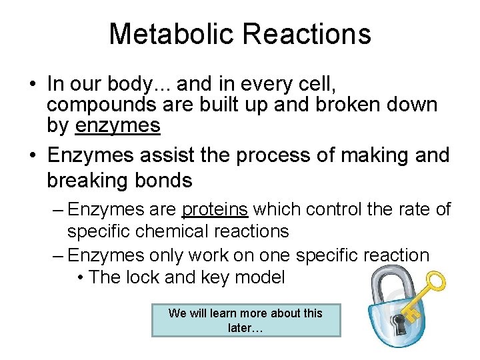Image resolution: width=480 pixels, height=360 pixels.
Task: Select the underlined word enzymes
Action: pos(118,125)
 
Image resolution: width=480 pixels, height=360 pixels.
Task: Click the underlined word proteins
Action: pos(215,209)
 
